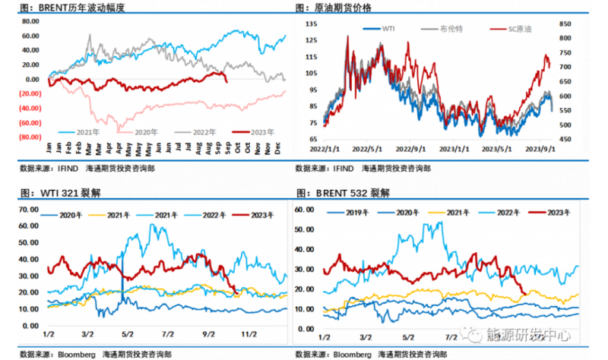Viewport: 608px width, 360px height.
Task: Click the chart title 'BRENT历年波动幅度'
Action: (x=84, y=8)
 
